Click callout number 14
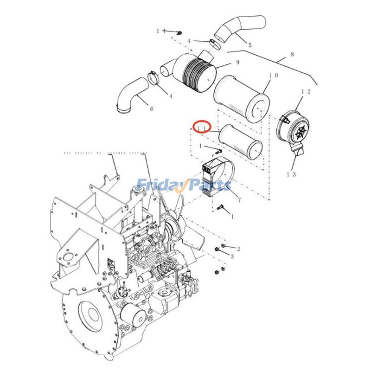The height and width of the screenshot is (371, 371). pyautogui.click(x=160, y=31)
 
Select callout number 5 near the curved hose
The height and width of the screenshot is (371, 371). pyautogui.click(x=249, y=45)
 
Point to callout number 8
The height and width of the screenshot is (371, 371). pyautogui.click(x=292, y=54)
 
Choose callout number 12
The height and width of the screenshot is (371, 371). pyautogui.click(x=305, y=92)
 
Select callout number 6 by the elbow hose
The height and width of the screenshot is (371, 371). pyautogui.click(x=152, y=109)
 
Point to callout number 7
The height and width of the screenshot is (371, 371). pyautogui.click(x=239, y=200)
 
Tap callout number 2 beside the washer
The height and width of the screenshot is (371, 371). pyautogui.click(x=238, y=249)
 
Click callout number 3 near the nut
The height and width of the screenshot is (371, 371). pyautogui.click(x=232, y=256)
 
